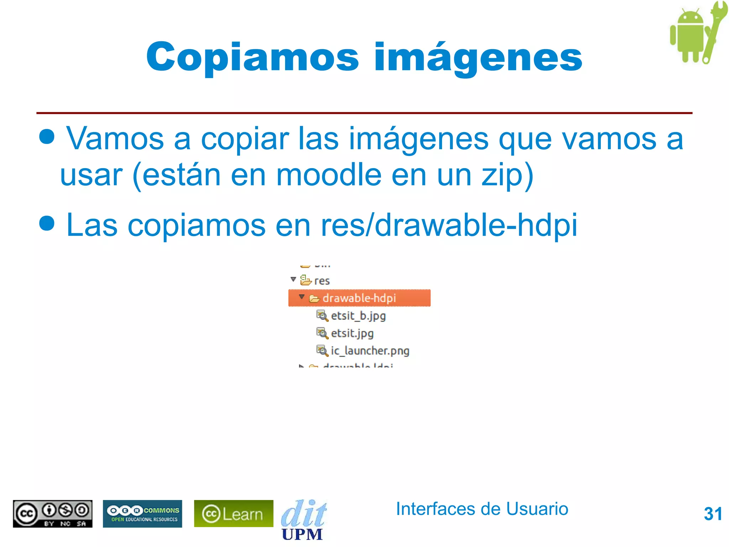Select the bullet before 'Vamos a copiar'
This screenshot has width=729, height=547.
click(47, 136)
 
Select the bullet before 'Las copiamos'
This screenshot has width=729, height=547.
click(47, 223)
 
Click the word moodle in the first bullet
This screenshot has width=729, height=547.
click(329, 175)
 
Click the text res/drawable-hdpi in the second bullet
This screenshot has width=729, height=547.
click(449, 225)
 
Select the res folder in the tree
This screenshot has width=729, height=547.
click(321, 281)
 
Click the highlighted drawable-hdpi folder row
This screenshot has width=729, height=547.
click(359, 298)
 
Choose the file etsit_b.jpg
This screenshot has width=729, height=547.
click(358, 316)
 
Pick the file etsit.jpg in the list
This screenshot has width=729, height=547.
click(352, 333)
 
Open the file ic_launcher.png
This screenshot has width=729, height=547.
click(370, 351)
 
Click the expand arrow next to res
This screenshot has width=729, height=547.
click(293, 280)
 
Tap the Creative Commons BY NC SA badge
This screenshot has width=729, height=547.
click(53, 514)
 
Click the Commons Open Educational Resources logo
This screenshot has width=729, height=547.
click(142, 514)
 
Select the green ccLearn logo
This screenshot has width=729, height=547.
click(234, 514)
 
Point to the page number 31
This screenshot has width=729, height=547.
click(713, 514)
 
